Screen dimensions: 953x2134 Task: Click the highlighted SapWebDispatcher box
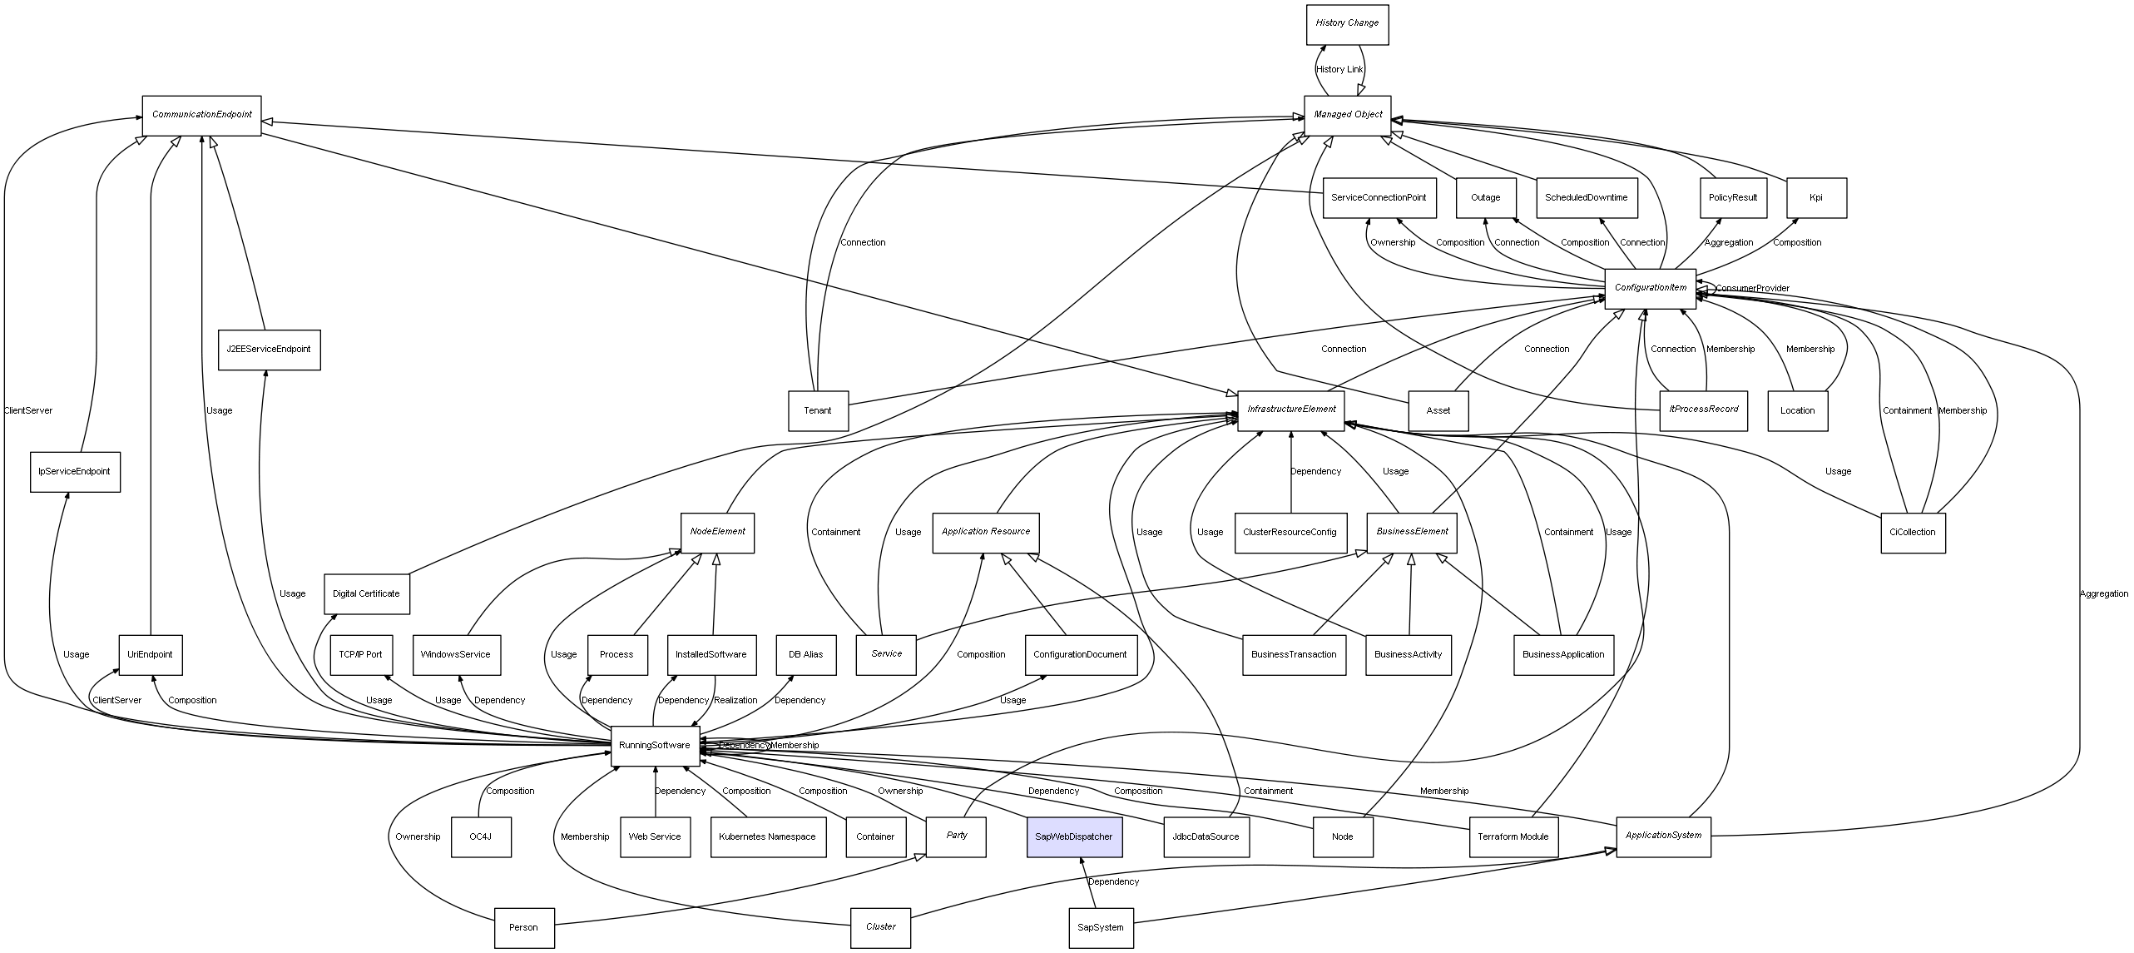(1073, 836)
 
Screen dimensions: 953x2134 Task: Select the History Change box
(1347, 23)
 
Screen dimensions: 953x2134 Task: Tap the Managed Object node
(1348, 115)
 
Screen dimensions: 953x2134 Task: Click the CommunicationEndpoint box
(201, 115)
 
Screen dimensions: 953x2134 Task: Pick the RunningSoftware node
(654, 745)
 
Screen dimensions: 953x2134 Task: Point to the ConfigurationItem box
(1650, 288)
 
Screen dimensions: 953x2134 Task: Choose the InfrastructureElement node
(1290, 409)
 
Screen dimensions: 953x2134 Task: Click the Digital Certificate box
(366, 593)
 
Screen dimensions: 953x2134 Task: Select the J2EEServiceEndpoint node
(268, 350)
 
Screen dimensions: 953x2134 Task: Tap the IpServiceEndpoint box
(74, 471)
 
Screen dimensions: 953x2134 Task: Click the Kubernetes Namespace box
(768, 836)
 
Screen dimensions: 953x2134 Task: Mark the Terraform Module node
(1513, 836)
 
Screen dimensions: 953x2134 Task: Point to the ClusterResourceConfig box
(1290, 532)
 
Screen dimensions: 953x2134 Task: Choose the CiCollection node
(1912, 532)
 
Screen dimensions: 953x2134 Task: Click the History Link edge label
(1339, 70)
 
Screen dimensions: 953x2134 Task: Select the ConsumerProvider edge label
(1752, 289)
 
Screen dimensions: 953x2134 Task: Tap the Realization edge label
(735, 701)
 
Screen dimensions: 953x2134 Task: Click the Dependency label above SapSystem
(1113, 881)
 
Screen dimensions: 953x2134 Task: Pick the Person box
(523, 927)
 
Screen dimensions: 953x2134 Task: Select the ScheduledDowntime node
(1586, 198)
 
